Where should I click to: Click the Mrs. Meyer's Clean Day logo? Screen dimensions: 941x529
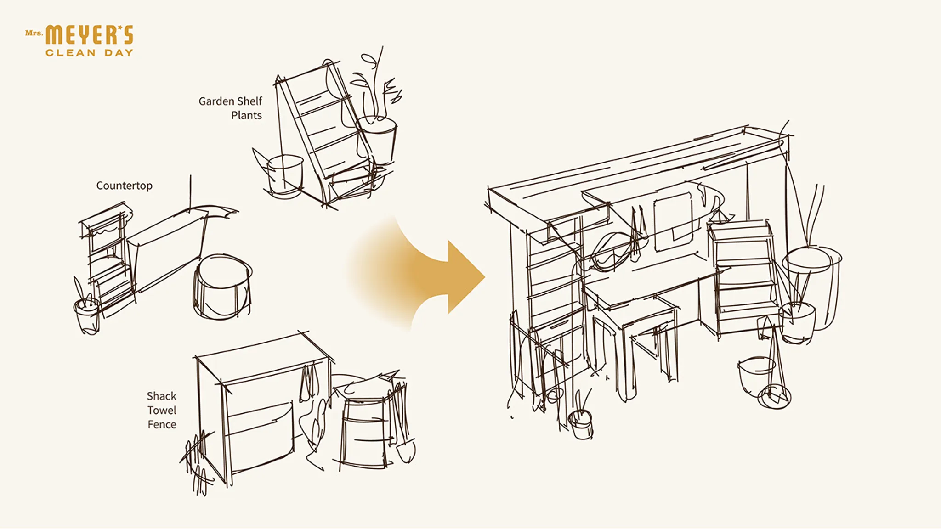[x=79, y=41]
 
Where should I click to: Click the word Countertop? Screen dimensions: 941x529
[x=124, y=186]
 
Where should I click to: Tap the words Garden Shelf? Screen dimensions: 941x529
[x=230, y=101]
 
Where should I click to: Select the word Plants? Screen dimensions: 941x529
[x=246, y=115]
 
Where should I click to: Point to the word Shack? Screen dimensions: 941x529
[x=161, y=396]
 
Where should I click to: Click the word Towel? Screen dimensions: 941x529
[x=162, y=410]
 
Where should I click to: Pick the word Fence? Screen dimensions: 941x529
[x=162, y=424]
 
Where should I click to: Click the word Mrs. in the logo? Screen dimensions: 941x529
[x=34, y=33]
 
